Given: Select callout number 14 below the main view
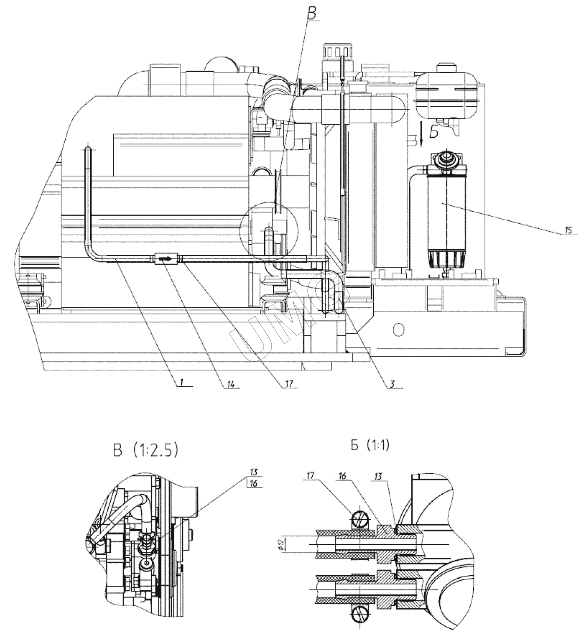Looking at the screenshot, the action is point(230,384).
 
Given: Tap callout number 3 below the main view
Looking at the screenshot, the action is point(392,384).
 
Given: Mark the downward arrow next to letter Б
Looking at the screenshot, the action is point(421,133).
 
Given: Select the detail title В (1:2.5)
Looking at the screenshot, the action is point(145,451).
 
